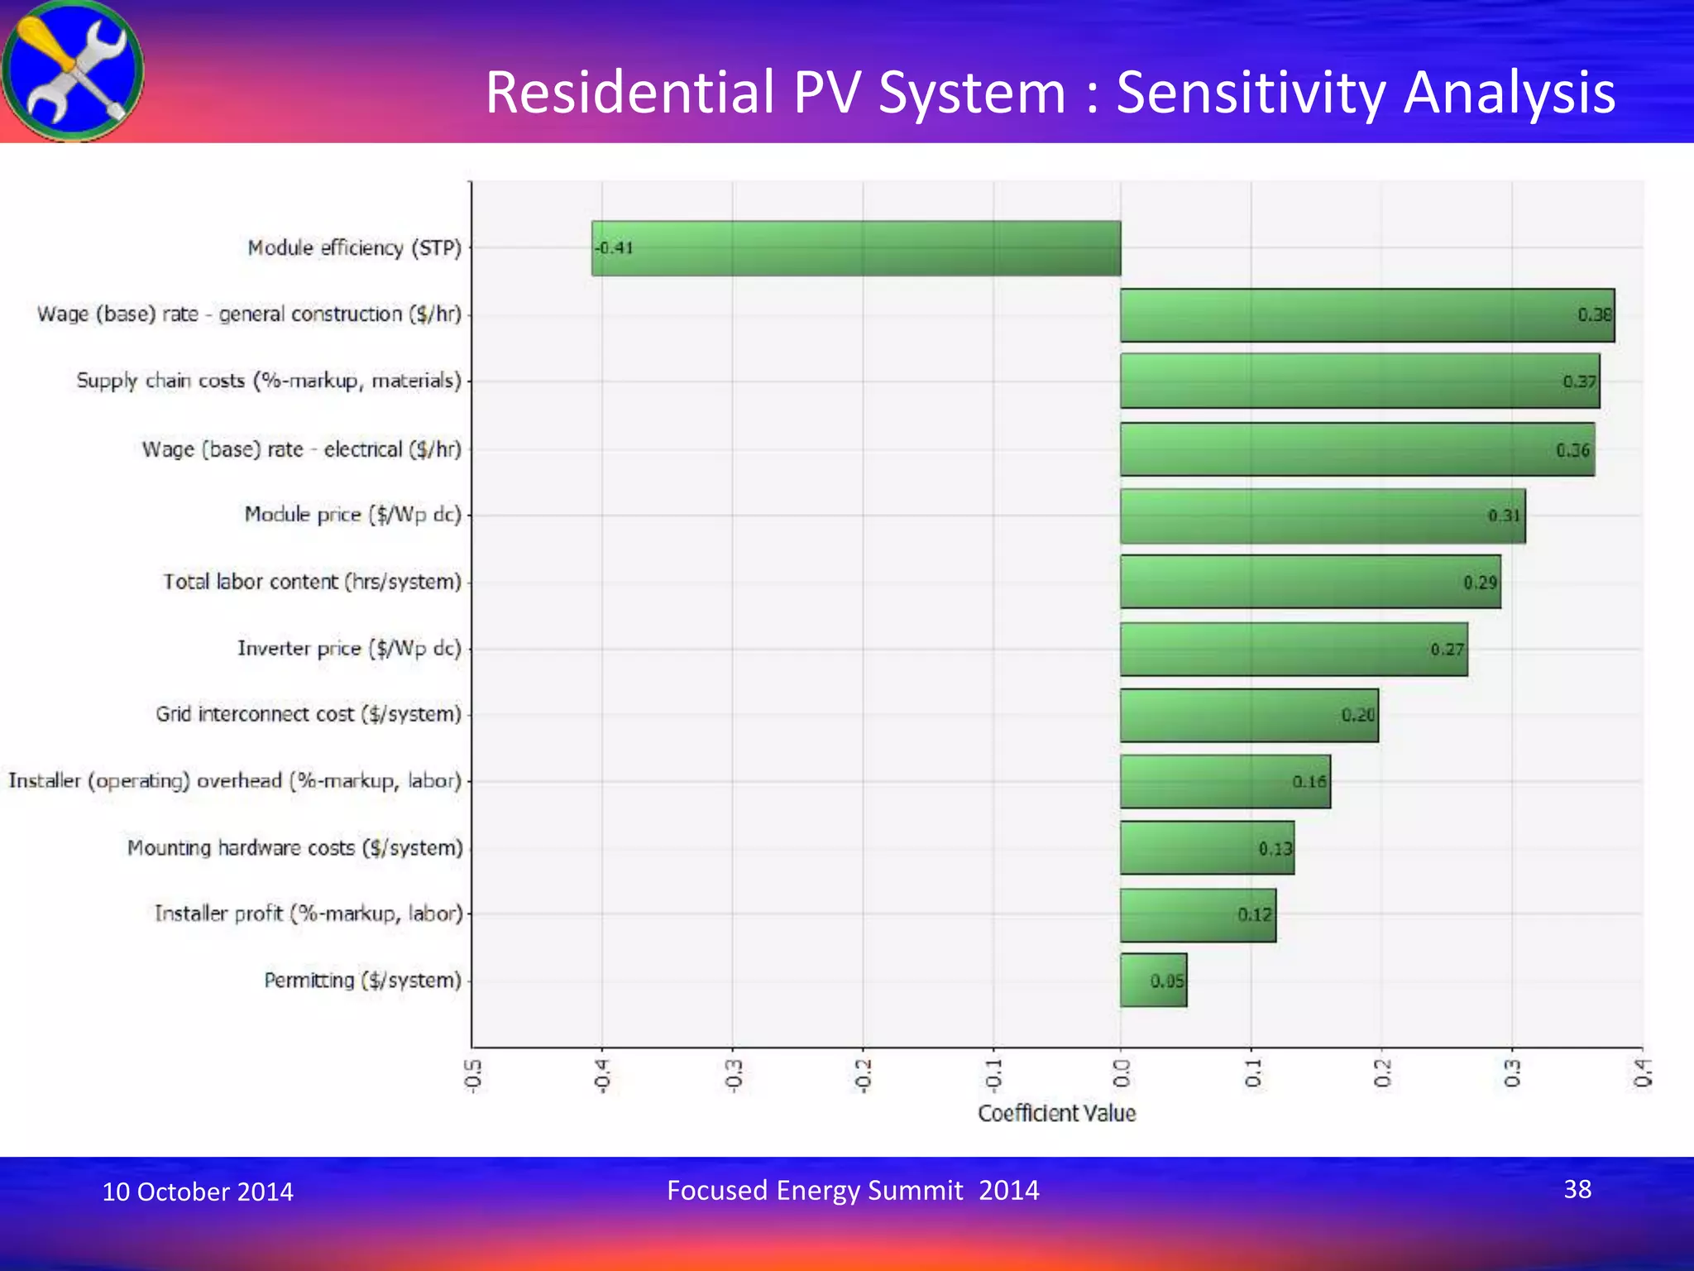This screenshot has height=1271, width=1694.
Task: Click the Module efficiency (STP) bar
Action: tap(856, 248)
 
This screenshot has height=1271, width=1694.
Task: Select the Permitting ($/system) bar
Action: tap(1153, 981)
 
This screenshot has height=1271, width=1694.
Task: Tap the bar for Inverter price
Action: tap(1294, 650)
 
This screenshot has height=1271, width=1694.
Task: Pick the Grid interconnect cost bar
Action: tap(1249, 716)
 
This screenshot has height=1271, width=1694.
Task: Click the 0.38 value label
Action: tap(1594, 314)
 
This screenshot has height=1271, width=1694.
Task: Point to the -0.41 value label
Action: tap(614, 247)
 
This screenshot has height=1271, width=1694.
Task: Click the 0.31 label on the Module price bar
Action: tap(1505, 516)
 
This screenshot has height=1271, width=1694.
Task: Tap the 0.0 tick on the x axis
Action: tap(1122, 1074)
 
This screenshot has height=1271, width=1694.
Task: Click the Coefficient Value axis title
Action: tap(1056, 1114)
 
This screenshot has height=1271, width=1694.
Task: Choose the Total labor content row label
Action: tap(312, 582)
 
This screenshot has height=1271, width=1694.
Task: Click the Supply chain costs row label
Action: tap(269, 381)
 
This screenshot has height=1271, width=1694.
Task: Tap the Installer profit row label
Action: tap(309, 914)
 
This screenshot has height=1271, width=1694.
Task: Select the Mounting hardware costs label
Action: tap(295, 848)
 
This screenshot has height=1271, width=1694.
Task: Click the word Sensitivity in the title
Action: tap(1251, 92)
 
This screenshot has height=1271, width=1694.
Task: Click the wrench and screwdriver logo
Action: tap(73, 71)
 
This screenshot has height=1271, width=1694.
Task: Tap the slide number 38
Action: tap(1577, 1189)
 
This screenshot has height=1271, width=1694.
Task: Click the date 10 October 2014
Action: tap(198, 1192)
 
